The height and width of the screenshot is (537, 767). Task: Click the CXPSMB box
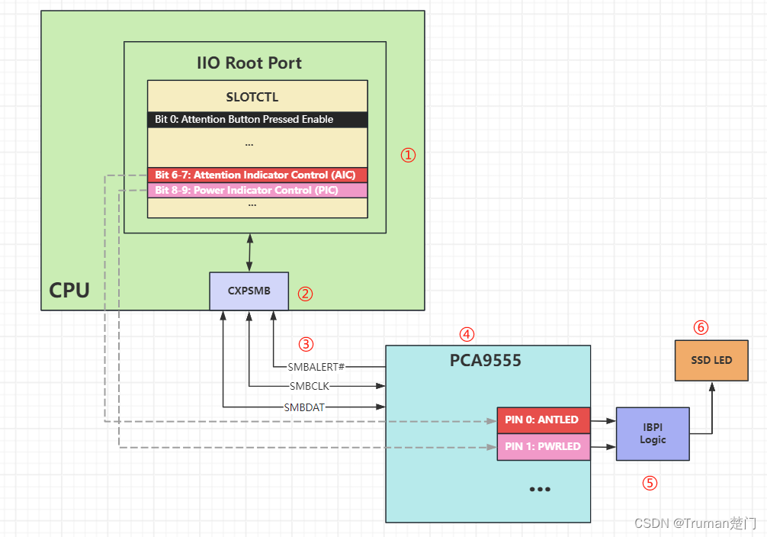pos(249,291)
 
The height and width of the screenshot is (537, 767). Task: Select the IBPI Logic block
pos(653,433)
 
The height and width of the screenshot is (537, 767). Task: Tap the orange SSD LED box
pos(711,360)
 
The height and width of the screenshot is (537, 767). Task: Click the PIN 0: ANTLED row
pos(544,419)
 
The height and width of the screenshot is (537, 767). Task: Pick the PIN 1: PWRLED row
pos(544,446)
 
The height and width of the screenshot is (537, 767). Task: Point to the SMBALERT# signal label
pos(316,366)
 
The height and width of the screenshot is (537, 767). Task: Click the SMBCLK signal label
pos(310,386)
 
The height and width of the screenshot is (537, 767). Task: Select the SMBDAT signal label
pos(304,407)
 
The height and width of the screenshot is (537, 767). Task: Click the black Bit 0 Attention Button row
pos(257,119)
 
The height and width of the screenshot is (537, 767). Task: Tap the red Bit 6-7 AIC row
pos(257,175)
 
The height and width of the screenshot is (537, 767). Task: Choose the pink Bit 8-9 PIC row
pos(257,190)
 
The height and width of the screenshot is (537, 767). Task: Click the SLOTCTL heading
pos(252,98)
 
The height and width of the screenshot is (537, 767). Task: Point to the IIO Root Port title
pos(249,63)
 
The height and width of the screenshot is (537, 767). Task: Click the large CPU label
pos(69,290)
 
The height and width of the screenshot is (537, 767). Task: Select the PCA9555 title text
pos(486,360)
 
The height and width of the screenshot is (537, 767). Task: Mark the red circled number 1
pos(409,155)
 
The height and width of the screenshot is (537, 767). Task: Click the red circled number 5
pos(650,483)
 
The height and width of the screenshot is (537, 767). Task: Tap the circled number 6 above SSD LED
pos(701,328)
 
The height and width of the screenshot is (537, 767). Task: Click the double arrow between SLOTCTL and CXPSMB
pos(249,252)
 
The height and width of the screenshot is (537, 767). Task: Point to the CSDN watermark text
pos(694,524)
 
